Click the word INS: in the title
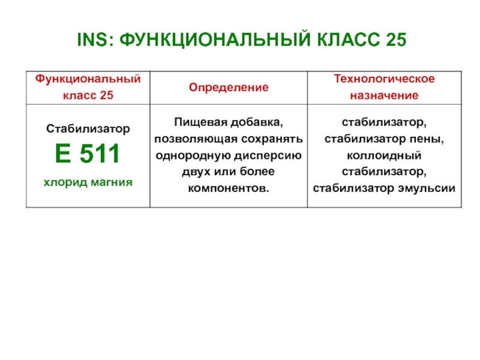pyautogui.click(x=95, y=40)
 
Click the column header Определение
pyautogui.click(x=229, y=88)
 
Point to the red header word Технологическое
pyautogui.click(x=384, y=79)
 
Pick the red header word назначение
pyautogui.click(x=384, y=95)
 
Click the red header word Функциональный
pyautogui.click(x=88, y=79)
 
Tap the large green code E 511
pyautogui.click(x=87, y=154)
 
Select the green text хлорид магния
pyautogui.click(x=88, y=182)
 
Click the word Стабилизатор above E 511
pyautogui.click(x=88, y=129)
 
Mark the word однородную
pyautogui.click(x=191, y=155)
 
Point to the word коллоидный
pyautogui.click(x=384, y=155)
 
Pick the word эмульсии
pyautogui.click(x=427, y=188)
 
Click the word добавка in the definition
pyautogui.click(x=257, y=122)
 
